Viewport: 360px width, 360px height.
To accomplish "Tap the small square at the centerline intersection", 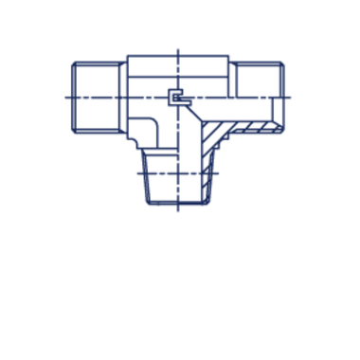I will pos(174,96).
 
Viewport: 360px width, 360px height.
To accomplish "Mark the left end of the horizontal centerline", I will pos(62,96).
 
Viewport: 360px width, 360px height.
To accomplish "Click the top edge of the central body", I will pos(177,59).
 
